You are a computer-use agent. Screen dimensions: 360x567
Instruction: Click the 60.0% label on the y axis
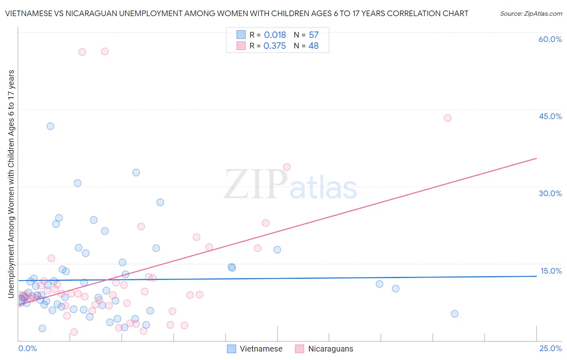[550, 39]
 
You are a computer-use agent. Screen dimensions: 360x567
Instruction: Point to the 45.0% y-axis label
[550, 116]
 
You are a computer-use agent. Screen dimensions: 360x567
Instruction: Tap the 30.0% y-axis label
[550, 193]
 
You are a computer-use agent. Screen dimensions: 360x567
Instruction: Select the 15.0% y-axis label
[551, 271]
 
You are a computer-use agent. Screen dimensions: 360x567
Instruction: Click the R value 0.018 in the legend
[275, 35]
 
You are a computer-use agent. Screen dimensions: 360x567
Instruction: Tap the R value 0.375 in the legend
[275, 46]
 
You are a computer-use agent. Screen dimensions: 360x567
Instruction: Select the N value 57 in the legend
[314, 35]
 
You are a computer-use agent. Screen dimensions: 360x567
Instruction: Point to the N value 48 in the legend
[313, 46]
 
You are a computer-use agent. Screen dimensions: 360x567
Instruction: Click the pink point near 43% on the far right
[447, 118]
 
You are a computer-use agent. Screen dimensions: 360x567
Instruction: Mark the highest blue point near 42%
[50, 126]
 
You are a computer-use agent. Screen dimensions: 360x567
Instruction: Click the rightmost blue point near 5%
[454, 314]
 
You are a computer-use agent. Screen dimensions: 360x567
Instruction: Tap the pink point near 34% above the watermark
[287, 167]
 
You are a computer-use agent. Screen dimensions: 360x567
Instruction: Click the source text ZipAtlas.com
[531, 14]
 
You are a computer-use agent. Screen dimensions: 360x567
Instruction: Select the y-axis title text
[11, 184]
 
